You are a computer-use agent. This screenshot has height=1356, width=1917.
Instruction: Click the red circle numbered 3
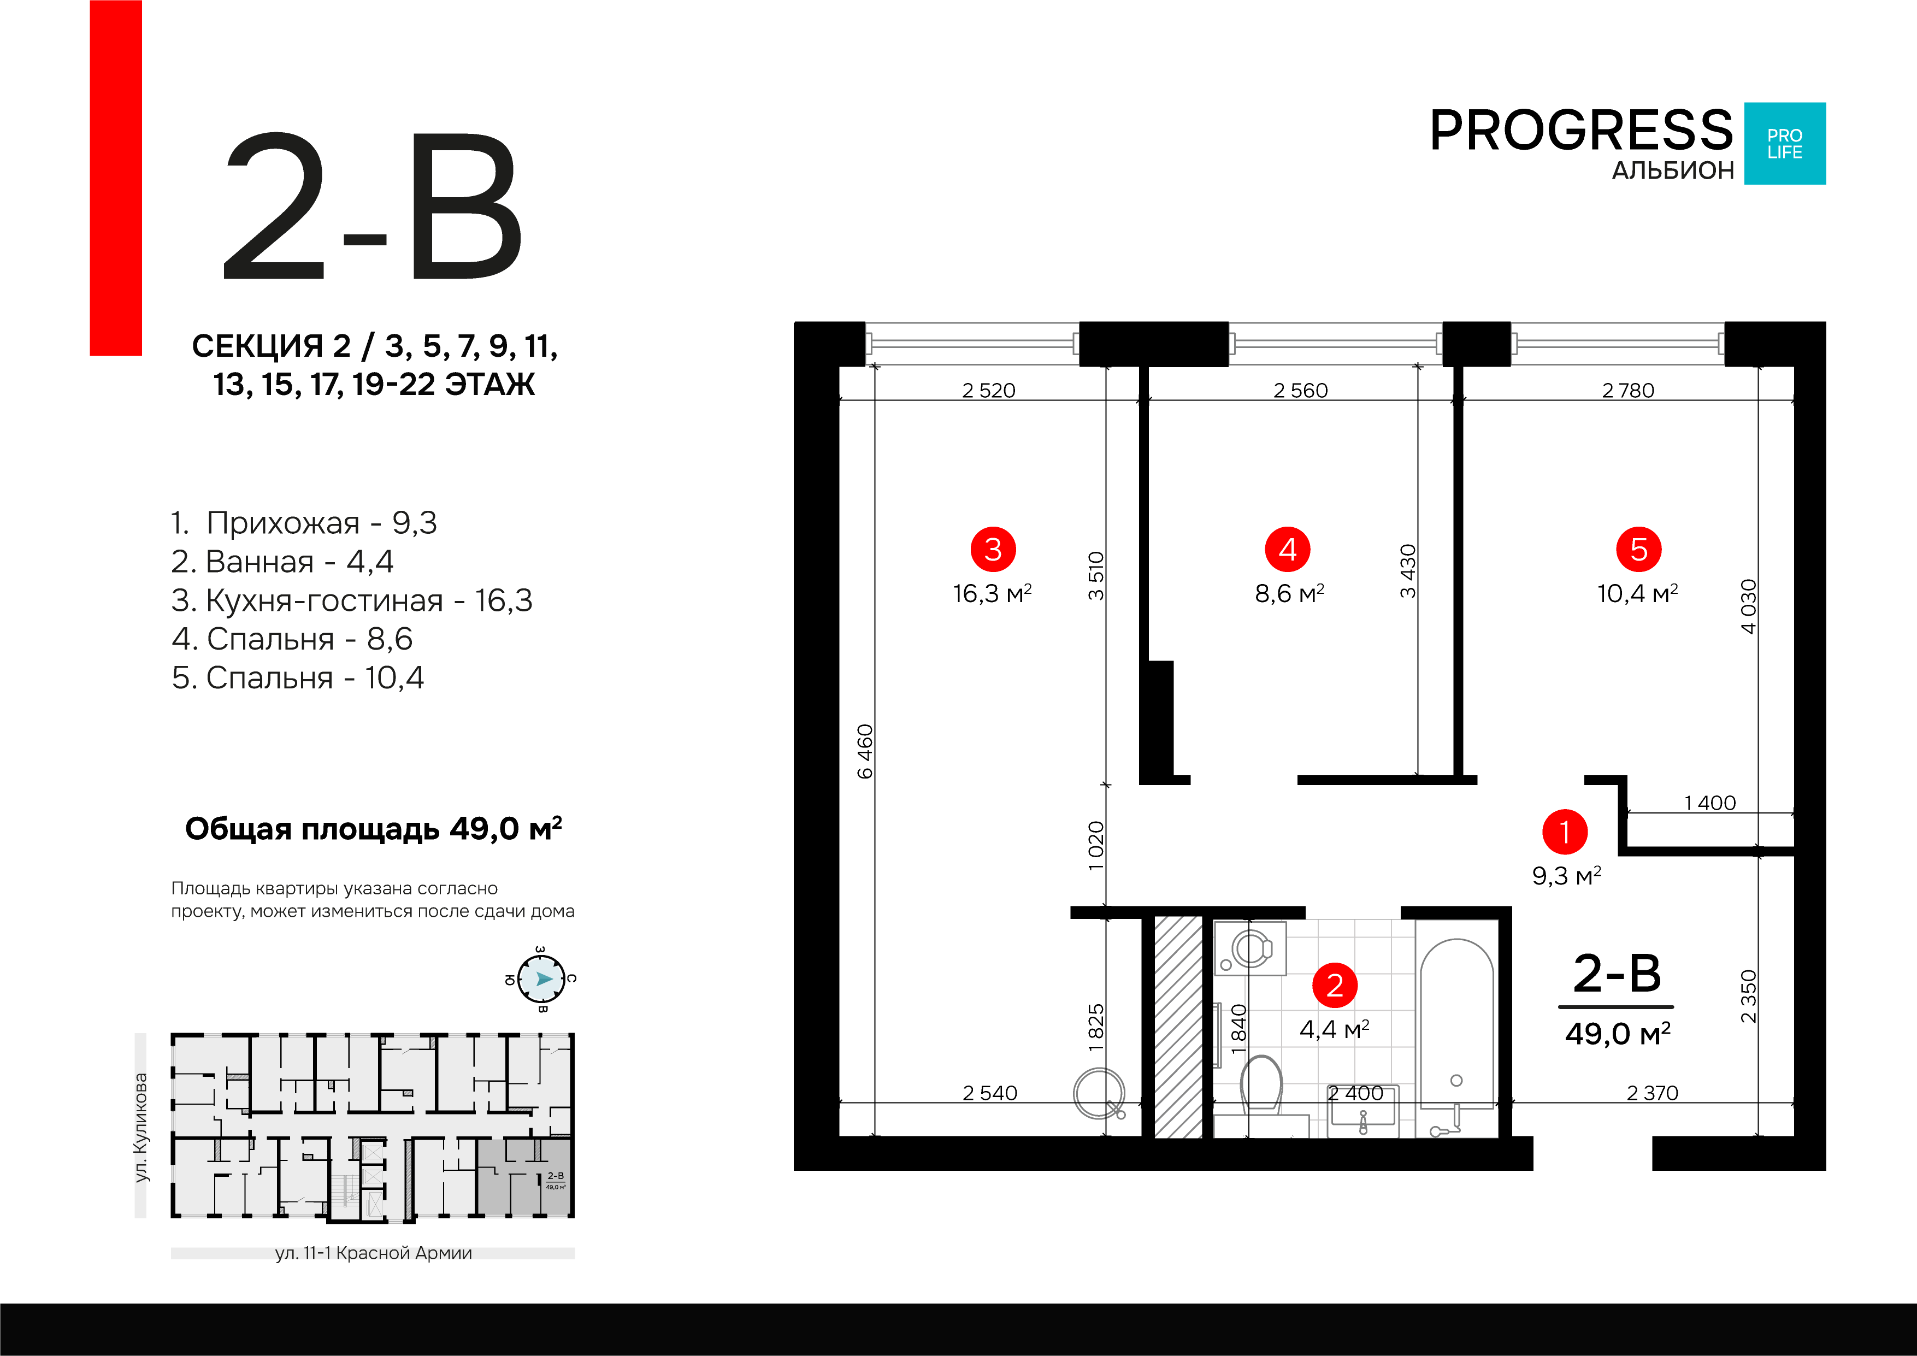pos(992,550)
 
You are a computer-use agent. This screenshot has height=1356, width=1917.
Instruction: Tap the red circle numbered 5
pos(1638,550)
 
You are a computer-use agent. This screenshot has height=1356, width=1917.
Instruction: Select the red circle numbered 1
pos(1564,832)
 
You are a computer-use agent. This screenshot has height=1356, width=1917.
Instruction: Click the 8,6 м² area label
pos(1289,594)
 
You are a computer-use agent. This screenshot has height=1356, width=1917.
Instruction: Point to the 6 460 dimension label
pos(865,751)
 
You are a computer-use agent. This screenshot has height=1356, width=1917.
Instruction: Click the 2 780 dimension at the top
pos(1627,390)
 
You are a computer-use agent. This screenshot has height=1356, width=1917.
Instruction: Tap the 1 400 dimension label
pos(1709,803)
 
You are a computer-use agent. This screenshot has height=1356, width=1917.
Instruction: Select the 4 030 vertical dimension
pos(1748,606)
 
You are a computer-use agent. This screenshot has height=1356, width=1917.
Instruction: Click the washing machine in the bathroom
pos(1250,948)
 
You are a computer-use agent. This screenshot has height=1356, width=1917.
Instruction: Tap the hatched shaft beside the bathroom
pos(1178,1027)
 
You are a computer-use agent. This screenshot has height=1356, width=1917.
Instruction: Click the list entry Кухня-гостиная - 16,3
pos(351,600)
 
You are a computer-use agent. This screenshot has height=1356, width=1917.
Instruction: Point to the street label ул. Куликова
pos(141,1127)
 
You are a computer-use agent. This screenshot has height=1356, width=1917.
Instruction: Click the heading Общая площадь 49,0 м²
pos(373,829)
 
